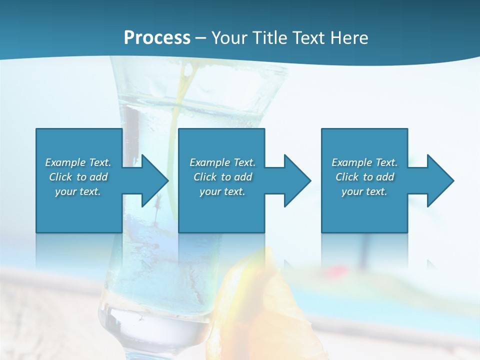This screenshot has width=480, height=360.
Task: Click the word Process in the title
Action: pos(157,38)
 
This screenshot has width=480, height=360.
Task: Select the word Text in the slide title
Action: pos(308,38)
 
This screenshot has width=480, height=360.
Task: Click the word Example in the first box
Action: pos(65,162)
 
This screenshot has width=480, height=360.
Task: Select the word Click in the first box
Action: pos(61,177)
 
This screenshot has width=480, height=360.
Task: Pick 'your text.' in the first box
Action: pos(78,191)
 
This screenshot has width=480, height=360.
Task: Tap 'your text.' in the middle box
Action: pos(222,191)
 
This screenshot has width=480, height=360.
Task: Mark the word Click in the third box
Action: pos(347,177)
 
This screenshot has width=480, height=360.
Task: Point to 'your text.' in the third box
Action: pos(364,191)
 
